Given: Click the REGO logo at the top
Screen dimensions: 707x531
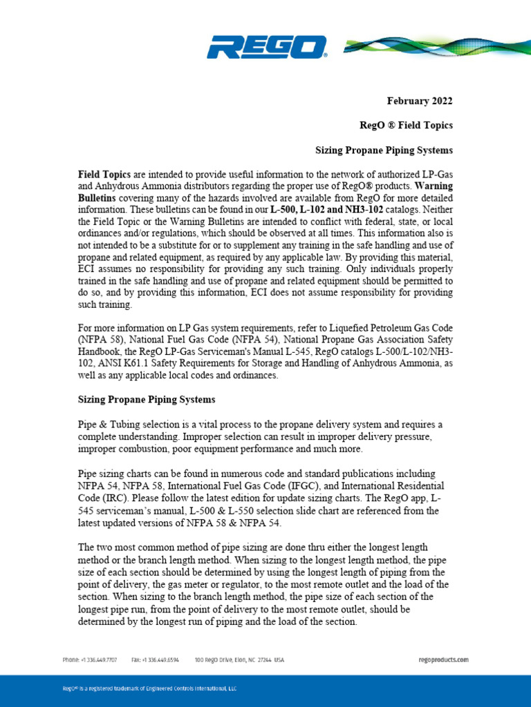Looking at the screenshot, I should coord(266,49).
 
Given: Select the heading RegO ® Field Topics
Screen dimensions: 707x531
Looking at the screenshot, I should coord(405,125).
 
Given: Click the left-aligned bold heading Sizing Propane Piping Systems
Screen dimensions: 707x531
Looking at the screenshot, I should coord(146,399).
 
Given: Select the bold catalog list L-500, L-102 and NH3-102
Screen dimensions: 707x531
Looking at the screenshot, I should coord(327,206).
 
